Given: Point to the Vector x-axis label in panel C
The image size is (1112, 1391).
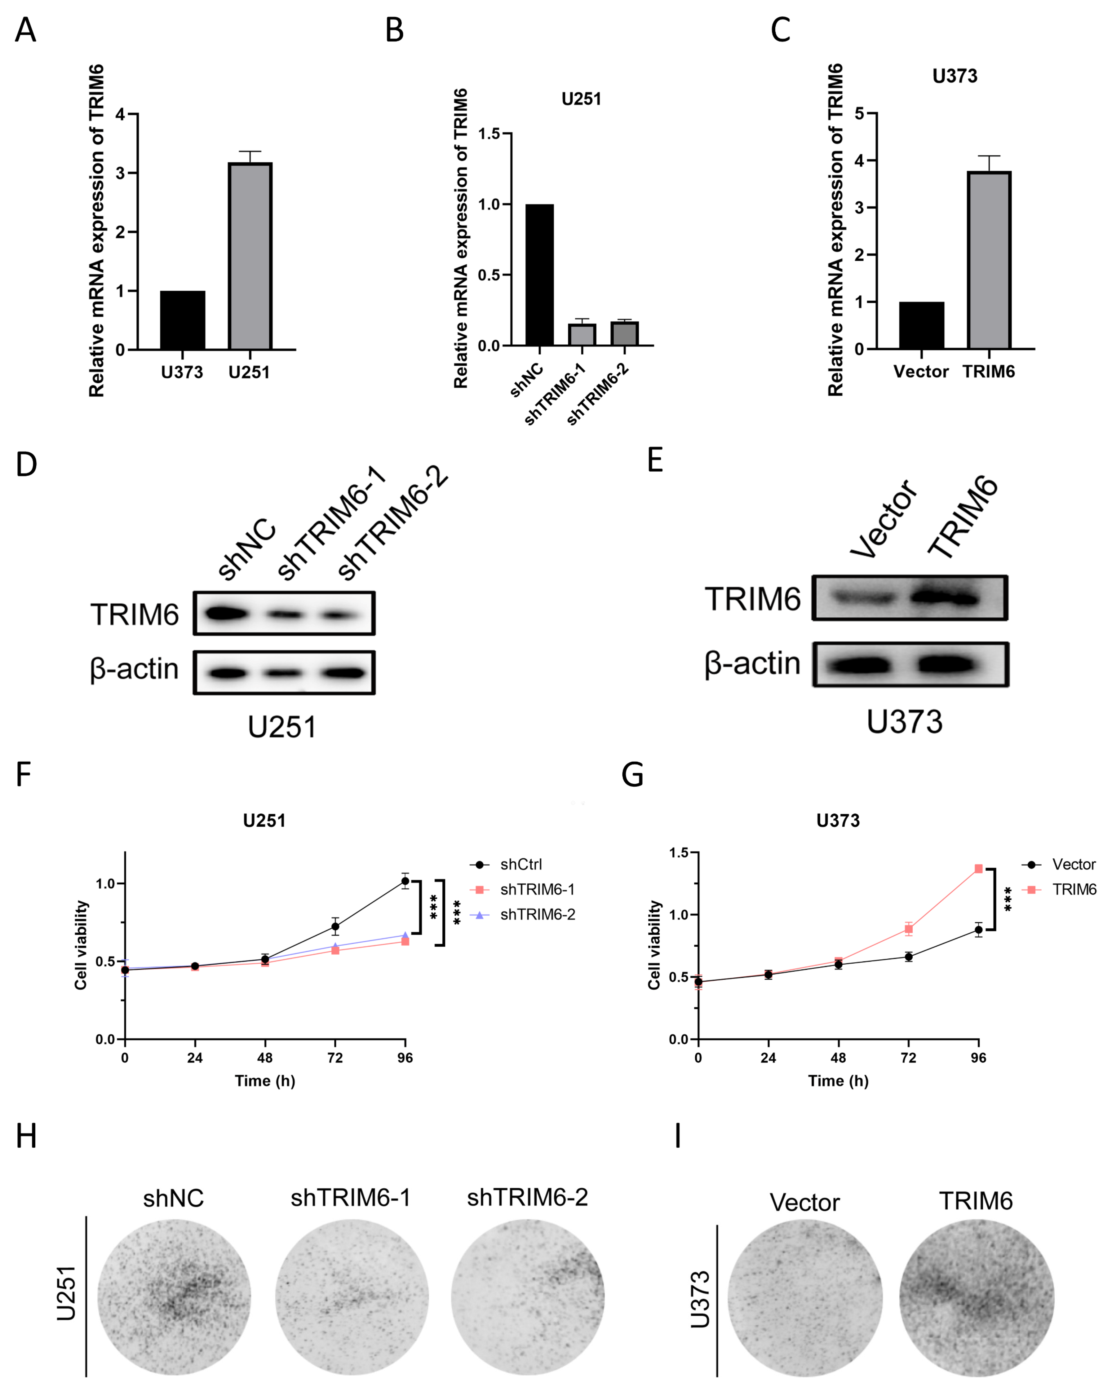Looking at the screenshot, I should coord(920,372).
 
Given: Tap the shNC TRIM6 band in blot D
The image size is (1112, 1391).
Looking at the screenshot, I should coord(223,613).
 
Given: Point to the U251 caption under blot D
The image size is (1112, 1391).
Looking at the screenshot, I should coord(282,727).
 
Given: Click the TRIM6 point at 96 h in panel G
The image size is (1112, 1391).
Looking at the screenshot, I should coord(978,869).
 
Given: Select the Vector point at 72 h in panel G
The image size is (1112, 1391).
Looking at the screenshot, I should coord(908,957).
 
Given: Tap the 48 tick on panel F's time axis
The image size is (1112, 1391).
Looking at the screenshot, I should coord(265,1058).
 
